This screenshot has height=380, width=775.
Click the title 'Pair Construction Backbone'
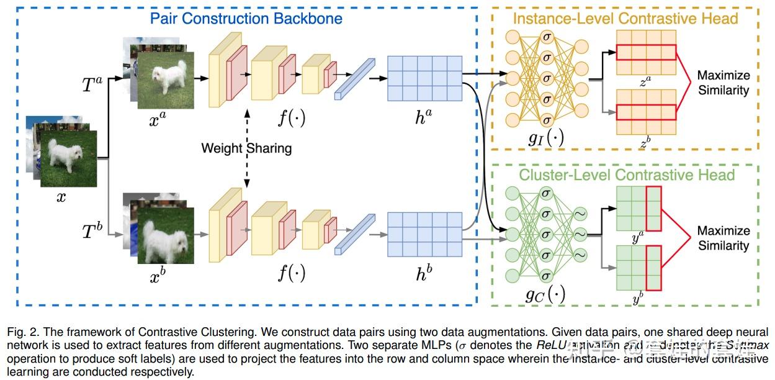(246, 18)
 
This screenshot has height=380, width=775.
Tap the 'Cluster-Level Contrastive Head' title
(626, 174)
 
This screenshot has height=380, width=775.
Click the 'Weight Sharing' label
(246, 148)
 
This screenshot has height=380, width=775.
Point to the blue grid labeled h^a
(424, 78)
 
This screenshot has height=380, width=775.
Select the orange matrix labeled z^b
(645, 111)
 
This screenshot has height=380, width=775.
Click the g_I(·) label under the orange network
(546, 138)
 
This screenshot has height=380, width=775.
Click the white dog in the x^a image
(166, 77)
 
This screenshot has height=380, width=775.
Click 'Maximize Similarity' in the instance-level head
(723, 83)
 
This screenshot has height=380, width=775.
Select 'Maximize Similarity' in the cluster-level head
(723, 238)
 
